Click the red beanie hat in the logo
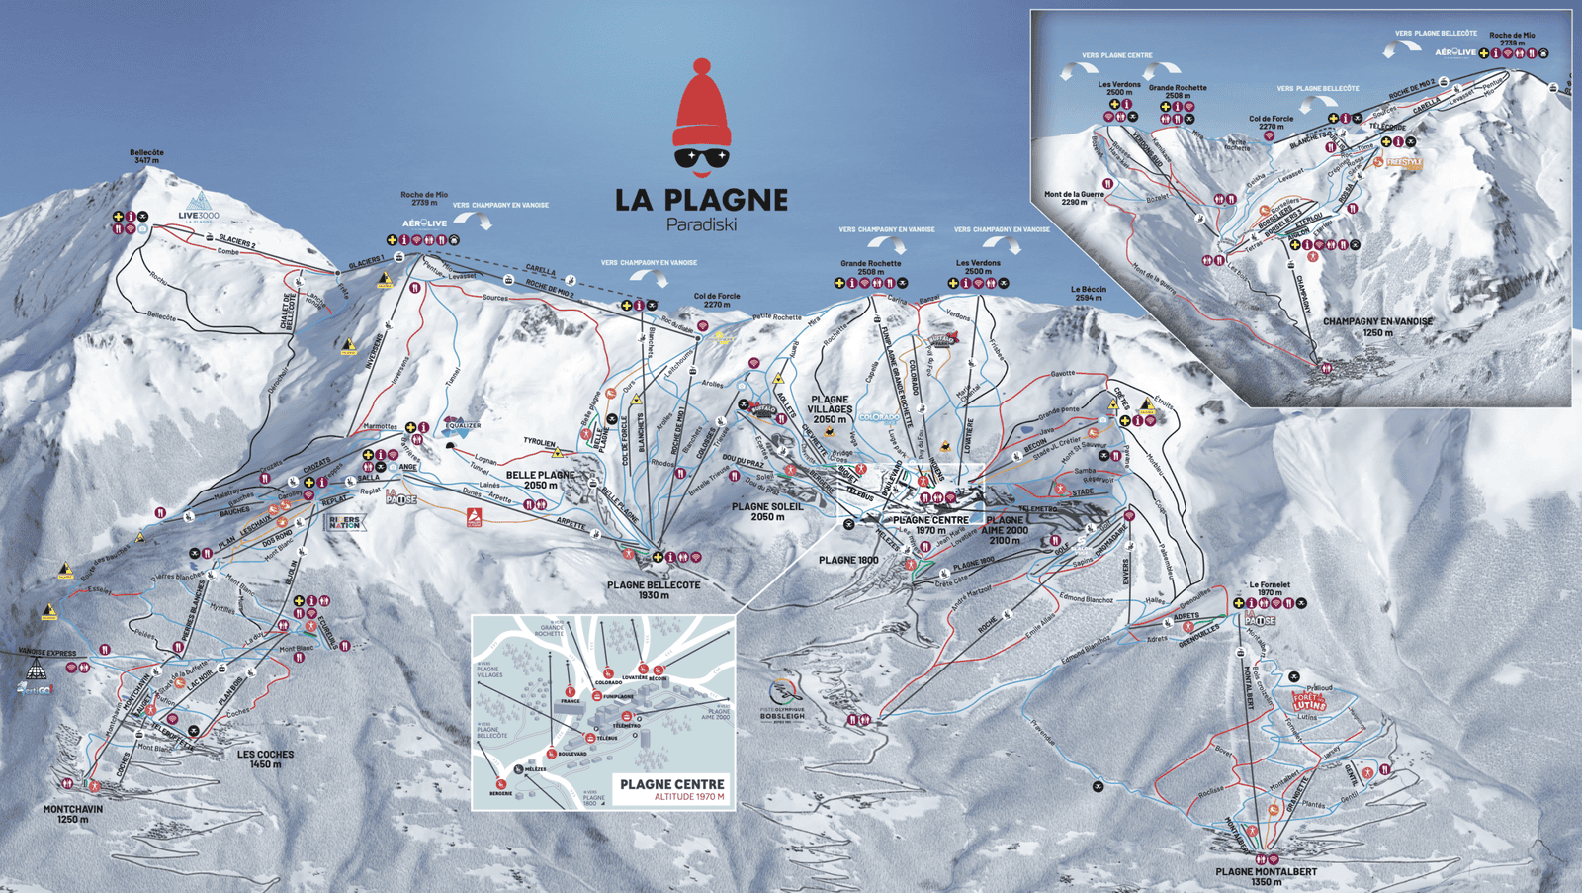click(x=702, y=107)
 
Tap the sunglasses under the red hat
click(x=701, y=157)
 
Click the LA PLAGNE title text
click(x=701, y=200)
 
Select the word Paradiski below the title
click(x=701, y=225)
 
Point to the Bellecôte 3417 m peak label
click(x=146, y=156)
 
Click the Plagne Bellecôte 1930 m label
click(x=654, y=589)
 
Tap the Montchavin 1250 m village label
click(x=72, y=814)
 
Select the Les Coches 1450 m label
click(x=265, y=759)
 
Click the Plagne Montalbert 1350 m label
click(x=1266, y=876)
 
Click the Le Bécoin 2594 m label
click(x=1088, y=293)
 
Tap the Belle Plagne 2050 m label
click(x=540, y=480)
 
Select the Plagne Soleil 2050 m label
click(x=767, y=511)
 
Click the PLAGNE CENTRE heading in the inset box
click(x=671, y=784)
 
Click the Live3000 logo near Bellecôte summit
click(x=199, y=208)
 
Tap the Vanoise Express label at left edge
click(x=46, y=653)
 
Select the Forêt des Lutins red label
click(x=1308, y=702)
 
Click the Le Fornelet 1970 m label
click(x=1269, y=588)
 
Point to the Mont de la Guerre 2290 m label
click(x=1074, y=198)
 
